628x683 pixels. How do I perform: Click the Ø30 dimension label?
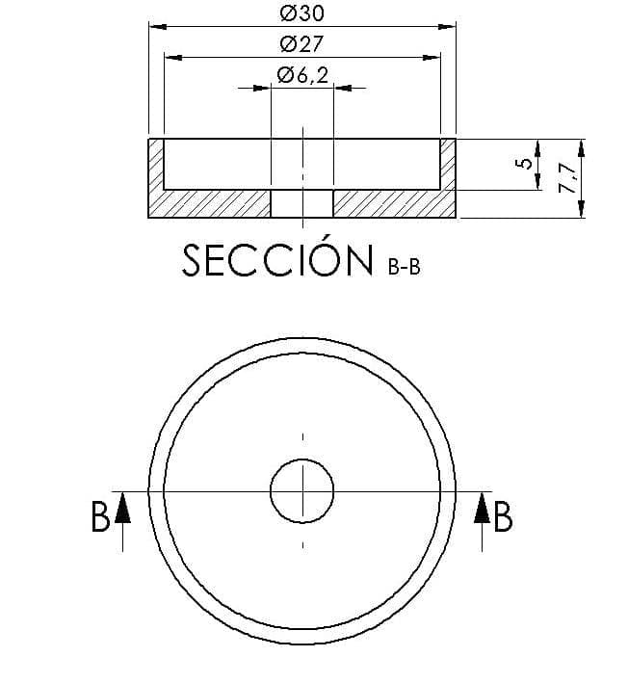click(x=302, y=13)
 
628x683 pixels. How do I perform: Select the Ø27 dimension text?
click(x=302, y=43)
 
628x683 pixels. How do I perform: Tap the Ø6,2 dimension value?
click(x=303, y=75)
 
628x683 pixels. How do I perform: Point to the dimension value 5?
click(x=526, y=164)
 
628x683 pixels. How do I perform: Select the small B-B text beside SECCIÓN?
click(x=405, y=267)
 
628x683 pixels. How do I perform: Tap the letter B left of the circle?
click(x=100, y=516)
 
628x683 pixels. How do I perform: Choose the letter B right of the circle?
click(x=503, y=516)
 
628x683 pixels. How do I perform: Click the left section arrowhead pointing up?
click(x=123, y=508)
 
